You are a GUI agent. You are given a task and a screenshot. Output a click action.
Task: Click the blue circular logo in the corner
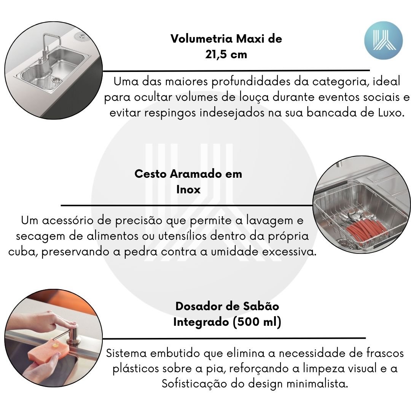pos(383,41)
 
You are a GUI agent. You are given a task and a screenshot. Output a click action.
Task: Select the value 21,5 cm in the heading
pos(226,54)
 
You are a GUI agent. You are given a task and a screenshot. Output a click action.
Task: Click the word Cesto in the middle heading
pos(150,174)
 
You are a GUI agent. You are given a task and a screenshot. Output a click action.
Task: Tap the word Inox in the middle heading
pos(188,190)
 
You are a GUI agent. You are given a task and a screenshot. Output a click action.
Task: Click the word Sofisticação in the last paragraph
pos(194,384)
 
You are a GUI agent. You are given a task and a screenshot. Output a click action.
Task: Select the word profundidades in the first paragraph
pos(251,82)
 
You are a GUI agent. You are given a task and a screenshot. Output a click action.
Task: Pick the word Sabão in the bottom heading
pos(261,306)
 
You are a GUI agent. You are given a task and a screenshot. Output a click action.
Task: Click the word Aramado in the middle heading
pos(196,174)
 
